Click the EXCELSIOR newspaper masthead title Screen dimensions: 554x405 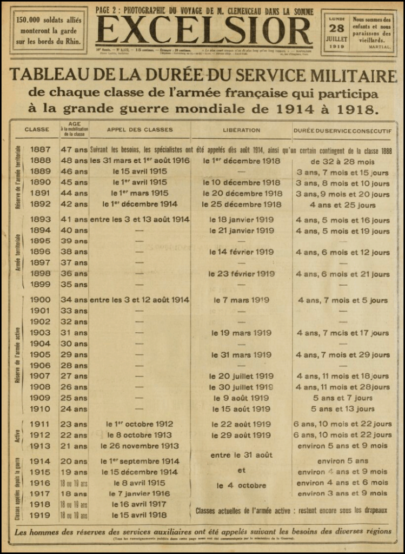point(203,31)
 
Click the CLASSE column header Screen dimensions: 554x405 point(37,130)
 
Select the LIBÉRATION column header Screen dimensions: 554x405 point(241,130)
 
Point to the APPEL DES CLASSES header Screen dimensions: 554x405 point(140,130)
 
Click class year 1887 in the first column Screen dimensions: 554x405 point(40,149)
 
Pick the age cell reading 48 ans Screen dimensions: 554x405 point(74,161)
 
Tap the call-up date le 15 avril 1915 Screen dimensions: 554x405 point(140,172)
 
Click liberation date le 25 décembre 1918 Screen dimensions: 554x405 point(241,205)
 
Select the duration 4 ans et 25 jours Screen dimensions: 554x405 point(342,205)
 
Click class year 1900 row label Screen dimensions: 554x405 point(40,300)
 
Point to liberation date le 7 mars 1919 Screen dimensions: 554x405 point(241,300)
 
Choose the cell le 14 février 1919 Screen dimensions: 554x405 point(241,252)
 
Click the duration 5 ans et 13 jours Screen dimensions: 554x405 point(342,409)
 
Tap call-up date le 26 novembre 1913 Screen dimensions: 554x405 point(140,446)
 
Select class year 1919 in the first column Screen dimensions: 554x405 point(40,515)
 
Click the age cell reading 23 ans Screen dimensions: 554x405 point(74,424)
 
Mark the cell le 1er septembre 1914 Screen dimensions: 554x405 point(140,461)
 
